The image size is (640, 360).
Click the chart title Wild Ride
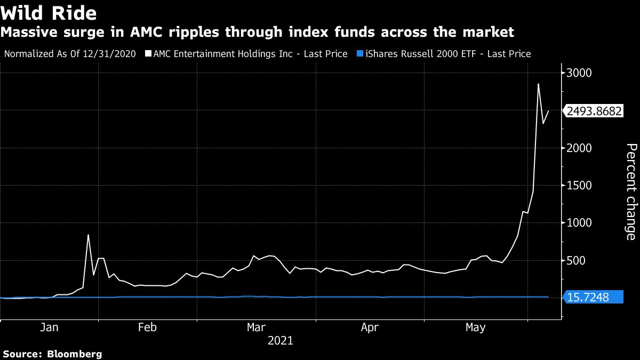[49, 12]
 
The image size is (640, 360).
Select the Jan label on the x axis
[49, 327]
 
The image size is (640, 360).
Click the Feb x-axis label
[147, 327]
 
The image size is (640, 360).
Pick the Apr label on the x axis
[369, 327]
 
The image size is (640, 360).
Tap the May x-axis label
[475, 327]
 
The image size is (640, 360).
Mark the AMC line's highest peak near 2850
[538, 84]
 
